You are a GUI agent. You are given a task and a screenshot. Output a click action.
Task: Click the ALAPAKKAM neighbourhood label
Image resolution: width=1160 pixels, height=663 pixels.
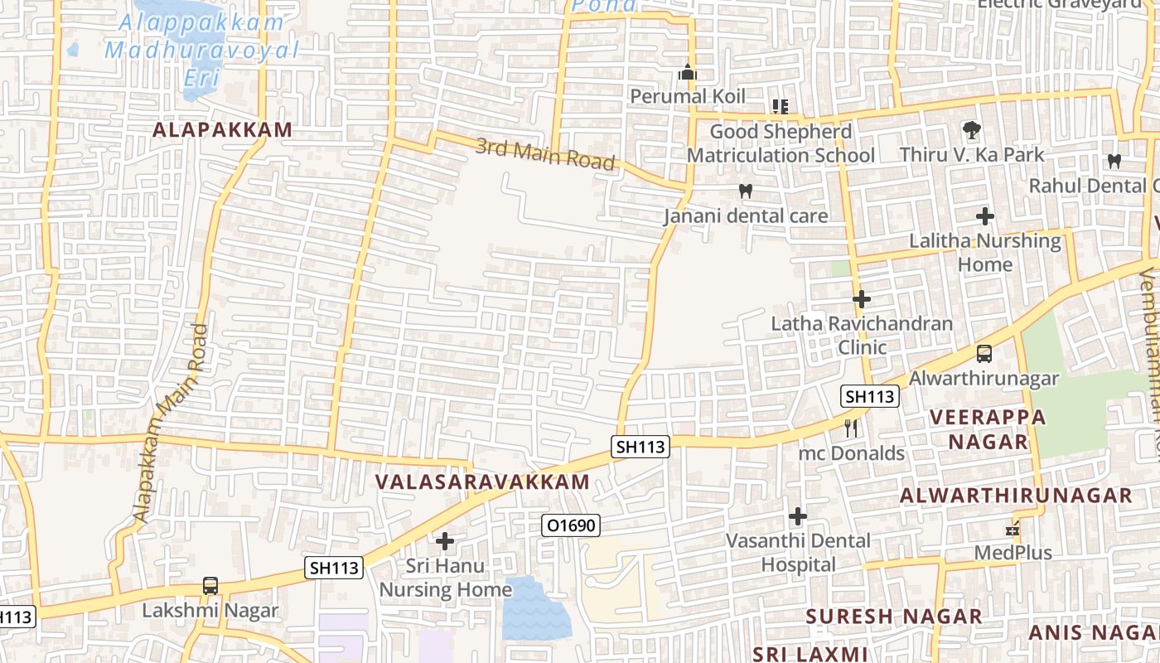[x=222, y=130]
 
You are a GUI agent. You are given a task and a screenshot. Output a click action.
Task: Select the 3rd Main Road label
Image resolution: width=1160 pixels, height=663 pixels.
[x=545, y=154]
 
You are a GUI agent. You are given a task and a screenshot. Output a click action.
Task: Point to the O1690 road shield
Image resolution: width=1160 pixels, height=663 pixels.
[x=570, y=525]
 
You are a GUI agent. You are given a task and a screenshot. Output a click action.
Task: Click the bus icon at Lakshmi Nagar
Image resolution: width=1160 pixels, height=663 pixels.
[x=210, y=586]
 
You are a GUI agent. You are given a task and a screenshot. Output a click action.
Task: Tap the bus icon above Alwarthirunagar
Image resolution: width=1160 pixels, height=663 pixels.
[x=984, y=354]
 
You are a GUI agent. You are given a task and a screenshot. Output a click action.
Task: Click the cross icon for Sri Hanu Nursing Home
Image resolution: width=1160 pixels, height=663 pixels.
[x=445, y=541]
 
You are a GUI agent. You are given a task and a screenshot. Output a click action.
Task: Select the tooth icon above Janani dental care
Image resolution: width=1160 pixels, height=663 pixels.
[x=745, y=191]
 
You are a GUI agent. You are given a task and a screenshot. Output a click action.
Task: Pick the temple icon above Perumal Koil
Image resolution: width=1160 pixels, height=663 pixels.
[x=687, y=73]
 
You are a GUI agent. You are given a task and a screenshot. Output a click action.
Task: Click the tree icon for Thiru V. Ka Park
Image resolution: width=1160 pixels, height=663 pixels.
[x=972, y=129]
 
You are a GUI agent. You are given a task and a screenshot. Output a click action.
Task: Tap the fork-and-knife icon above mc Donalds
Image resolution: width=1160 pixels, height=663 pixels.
[x=851, y=428]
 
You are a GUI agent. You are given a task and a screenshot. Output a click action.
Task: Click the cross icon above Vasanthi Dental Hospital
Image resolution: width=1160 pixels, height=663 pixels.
[x=798, y=516]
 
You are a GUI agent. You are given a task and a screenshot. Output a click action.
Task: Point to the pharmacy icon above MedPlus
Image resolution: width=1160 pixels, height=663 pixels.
[x=1012, y=528]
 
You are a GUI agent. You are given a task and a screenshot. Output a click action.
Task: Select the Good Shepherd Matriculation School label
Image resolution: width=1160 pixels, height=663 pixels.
[x=781, y=143]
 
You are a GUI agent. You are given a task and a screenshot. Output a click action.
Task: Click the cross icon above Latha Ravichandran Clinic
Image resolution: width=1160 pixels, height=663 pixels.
[x=862, y=298]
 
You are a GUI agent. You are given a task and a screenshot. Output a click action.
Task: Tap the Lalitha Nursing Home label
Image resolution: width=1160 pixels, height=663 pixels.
[x=985, y=253]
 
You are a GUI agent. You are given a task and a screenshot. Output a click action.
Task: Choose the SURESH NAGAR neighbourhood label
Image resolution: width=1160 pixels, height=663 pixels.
[x=894, y=617]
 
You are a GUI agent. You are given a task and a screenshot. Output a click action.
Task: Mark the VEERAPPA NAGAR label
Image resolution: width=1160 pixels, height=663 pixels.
[x=988, y=428]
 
